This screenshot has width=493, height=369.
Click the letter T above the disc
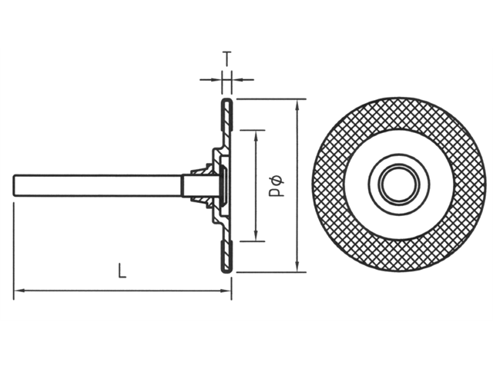(226, 57)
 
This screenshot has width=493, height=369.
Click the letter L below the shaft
(122, 270)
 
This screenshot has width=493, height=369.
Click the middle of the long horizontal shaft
(100, 185)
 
